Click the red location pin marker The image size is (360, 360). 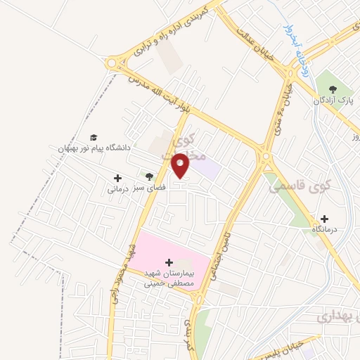[181, 165]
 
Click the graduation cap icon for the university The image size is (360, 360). [94, 137]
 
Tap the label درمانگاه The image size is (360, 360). [325, 229]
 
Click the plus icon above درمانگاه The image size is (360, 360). [324, 218]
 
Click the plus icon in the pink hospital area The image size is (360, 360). [169, 262]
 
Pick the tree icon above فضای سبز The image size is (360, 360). [149, 176]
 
